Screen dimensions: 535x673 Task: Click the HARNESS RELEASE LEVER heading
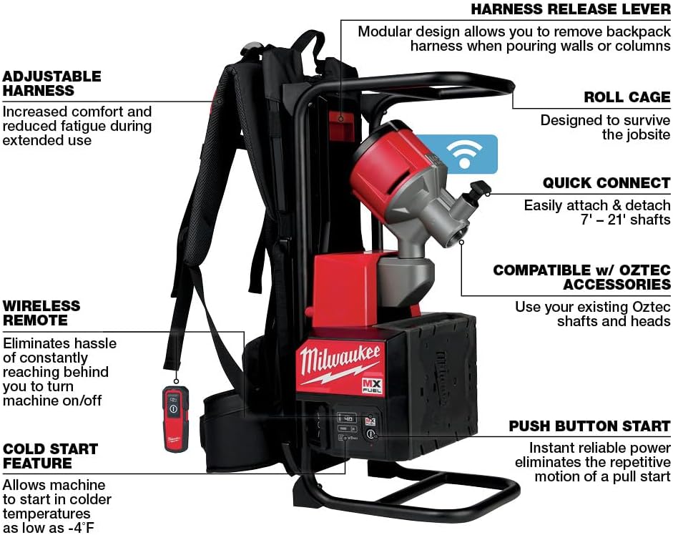click(x=570, y=10)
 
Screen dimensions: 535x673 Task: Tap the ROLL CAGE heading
click(x=627, y=97)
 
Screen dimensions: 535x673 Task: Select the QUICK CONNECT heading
click(x=606, y=183)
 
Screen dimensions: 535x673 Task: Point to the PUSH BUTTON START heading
click(x=589, y=426)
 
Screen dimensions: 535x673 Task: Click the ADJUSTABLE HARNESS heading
click(x=51, y=83)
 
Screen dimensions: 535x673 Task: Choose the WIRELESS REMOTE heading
click(x=41, y=313)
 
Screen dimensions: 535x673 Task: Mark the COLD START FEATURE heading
click(x=50, y=456)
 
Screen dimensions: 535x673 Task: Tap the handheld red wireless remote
click(x=174, y=418)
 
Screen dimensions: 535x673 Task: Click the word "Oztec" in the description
click(x=649, y=307)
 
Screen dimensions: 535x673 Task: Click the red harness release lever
click(x=342, y=119)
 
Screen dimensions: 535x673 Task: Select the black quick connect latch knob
click(x=479, y=189)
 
